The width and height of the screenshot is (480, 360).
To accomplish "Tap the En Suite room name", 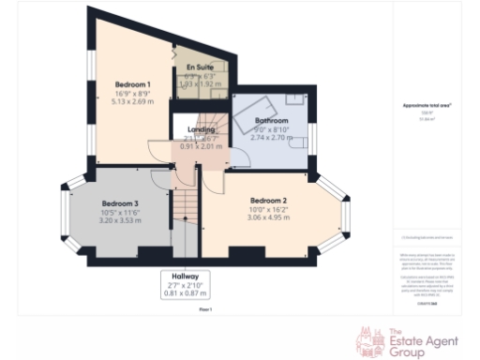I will (x=199, y=68).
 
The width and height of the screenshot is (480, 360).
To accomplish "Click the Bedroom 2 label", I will (x=268, y=201).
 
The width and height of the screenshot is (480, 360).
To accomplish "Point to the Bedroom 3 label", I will (x=121, y=204).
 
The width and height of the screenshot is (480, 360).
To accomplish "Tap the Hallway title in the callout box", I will (x=184, y=279).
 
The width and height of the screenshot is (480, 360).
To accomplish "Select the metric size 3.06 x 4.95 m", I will (x=268, y=217).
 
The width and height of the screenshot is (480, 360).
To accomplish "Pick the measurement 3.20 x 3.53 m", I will (x=121, y=221).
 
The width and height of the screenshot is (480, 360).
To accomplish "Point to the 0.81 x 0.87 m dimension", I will (x=184, y=295).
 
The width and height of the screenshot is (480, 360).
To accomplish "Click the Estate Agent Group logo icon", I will (x=367, y=339).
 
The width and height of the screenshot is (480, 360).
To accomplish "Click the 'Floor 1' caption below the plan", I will (x=204, y=308).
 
